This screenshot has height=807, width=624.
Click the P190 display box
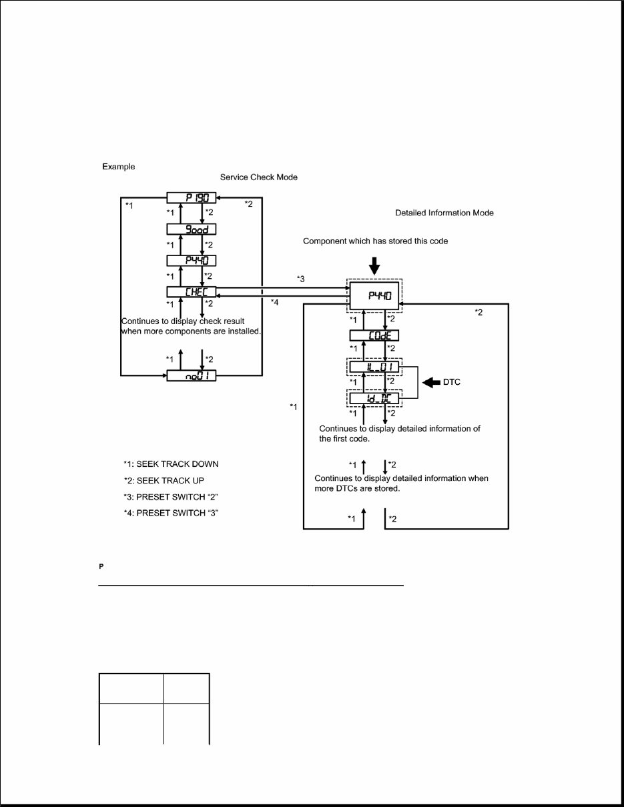[x=192, y=197]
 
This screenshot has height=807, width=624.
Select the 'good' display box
[x=192, y=229]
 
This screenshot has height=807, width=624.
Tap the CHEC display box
[x=192, y=291]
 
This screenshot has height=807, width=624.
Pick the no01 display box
[x=192, y=377]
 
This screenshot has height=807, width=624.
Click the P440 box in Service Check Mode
[x=192, y=260]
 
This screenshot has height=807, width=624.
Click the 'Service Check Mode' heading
[x=259, y=177]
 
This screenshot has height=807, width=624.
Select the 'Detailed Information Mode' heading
[x=444, y=213]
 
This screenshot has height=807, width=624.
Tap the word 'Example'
[x=118, y=166]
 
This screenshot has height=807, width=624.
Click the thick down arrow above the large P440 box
[x=374, y=265]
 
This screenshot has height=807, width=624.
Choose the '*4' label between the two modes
[x=274, y=303]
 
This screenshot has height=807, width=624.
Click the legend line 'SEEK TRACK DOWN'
[x=171, y=464]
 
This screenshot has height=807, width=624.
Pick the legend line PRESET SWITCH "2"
[x=171, y=497]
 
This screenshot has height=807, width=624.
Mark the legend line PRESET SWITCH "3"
[x=171, y=513]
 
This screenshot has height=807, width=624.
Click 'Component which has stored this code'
[x=375, y=241]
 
